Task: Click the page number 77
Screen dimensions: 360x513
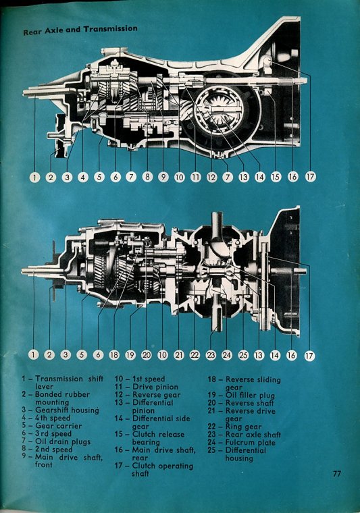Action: [337, 473]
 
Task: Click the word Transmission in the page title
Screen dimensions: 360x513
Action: [111, 29]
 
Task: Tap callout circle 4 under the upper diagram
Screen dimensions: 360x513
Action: [83, 178]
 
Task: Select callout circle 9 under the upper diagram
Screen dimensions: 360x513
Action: [163, 178]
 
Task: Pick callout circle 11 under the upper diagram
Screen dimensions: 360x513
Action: [195, 178]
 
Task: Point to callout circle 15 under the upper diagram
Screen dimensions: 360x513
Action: [276, 177]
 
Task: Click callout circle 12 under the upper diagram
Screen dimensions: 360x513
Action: [212, 178]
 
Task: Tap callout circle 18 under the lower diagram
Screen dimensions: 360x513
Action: [114, 355]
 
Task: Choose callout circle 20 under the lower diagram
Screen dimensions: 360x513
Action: [147, 355]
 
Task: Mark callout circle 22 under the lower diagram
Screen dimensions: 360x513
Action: [195, 355]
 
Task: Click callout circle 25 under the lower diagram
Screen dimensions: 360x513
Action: [243, 355]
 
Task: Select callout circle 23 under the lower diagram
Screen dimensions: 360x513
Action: [211, 355]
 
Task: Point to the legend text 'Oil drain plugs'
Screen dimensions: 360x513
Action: [63, 441]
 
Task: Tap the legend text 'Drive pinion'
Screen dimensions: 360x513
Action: [155, 387]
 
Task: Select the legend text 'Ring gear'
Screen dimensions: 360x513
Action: [244, 427]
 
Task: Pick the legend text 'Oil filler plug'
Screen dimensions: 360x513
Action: [251, 396]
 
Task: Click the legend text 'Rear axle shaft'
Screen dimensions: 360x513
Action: [253, 435]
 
